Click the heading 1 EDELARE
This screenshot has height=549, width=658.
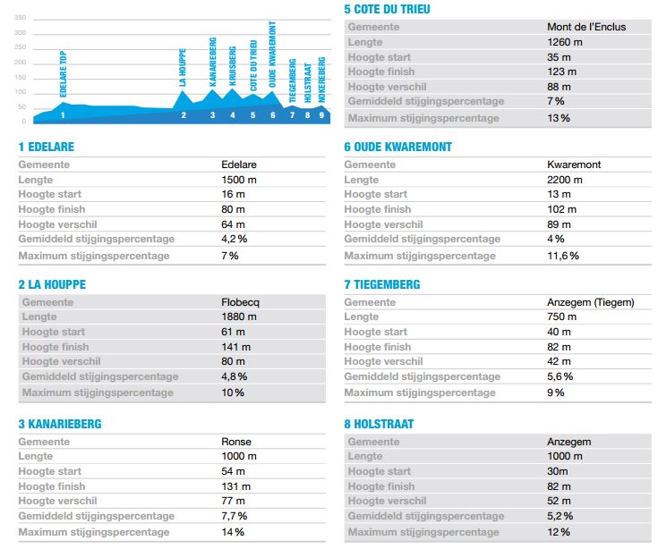(46, 147)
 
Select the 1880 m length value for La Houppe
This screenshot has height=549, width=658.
(239, 317)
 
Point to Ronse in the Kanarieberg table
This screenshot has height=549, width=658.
(235, 441)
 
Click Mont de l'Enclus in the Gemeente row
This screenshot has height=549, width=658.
(586, 27)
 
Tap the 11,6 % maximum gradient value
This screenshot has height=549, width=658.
(562, 256)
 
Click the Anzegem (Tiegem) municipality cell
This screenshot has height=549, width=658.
(590, 302)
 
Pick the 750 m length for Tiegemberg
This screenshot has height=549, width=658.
(561, 317)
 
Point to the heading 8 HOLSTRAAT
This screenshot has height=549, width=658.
(379, 424)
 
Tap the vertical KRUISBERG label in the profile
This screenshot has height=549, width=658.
(233, 66)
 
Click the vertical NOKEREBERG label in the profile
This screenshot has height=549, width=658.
(321, 77)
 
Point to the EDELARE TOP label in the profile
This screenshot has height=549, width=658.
(63, 74)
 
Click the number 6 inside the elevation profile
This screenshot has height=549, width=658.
(273, 114)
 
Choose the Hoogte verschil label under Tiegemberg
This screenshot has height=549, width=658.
(383, 362)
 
